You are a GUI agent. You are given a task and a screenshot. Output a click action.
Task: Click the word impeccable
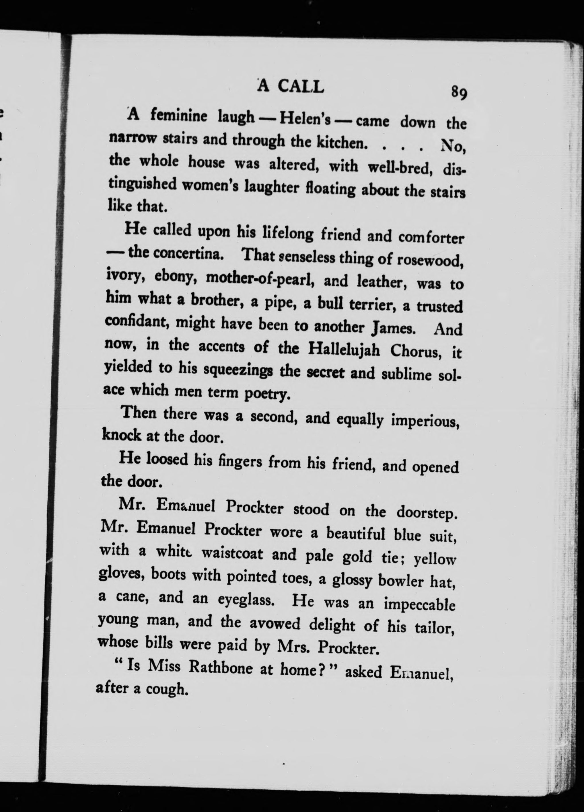click(419, 605)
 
